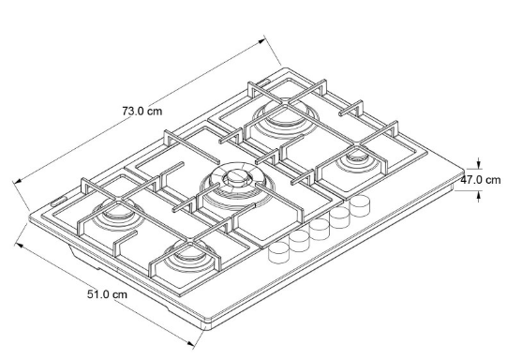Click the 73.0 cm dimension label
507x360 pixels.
pos(143,111)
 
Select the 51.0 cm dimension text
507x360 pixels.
pos(106,293)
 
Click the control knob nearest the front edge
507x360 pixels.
pos(278,251)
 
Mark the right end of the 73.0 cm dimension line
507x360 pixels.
pos(265,38)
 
